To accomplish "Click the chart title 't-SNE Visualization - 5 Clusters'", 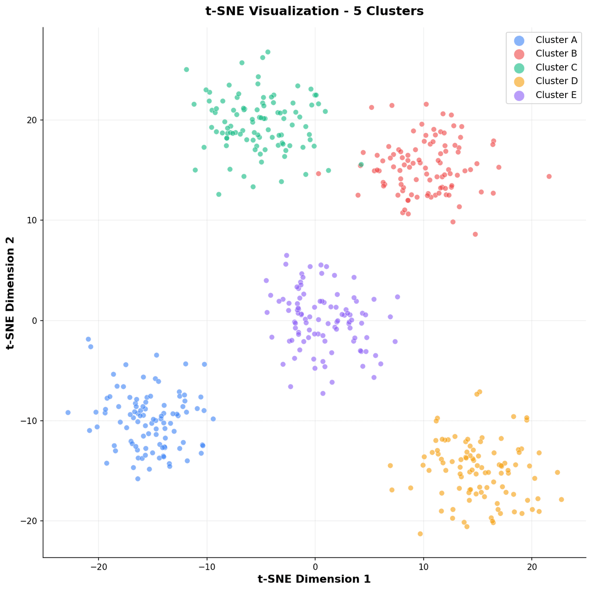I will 314,11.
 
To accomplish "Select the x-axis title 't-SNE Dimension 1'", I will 314,579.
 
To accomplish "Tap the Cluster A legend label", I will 556,40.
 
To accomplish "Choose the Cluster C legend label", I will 556,68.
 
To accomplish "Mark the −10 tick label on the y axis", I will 31,421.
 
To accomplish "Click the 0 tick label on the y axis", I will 36,320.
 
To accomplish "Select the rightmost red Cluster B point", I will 549,176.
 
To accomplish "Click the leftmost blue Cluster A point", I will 68,412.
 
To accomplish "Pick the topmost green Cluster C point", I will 268,52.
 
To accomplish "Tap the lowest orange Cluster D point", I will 420,534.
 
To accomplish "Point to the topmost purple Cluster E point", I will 286,255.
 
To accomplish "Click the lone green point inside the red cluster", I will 361,165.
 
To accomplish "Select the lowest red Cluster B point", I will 475,234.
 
